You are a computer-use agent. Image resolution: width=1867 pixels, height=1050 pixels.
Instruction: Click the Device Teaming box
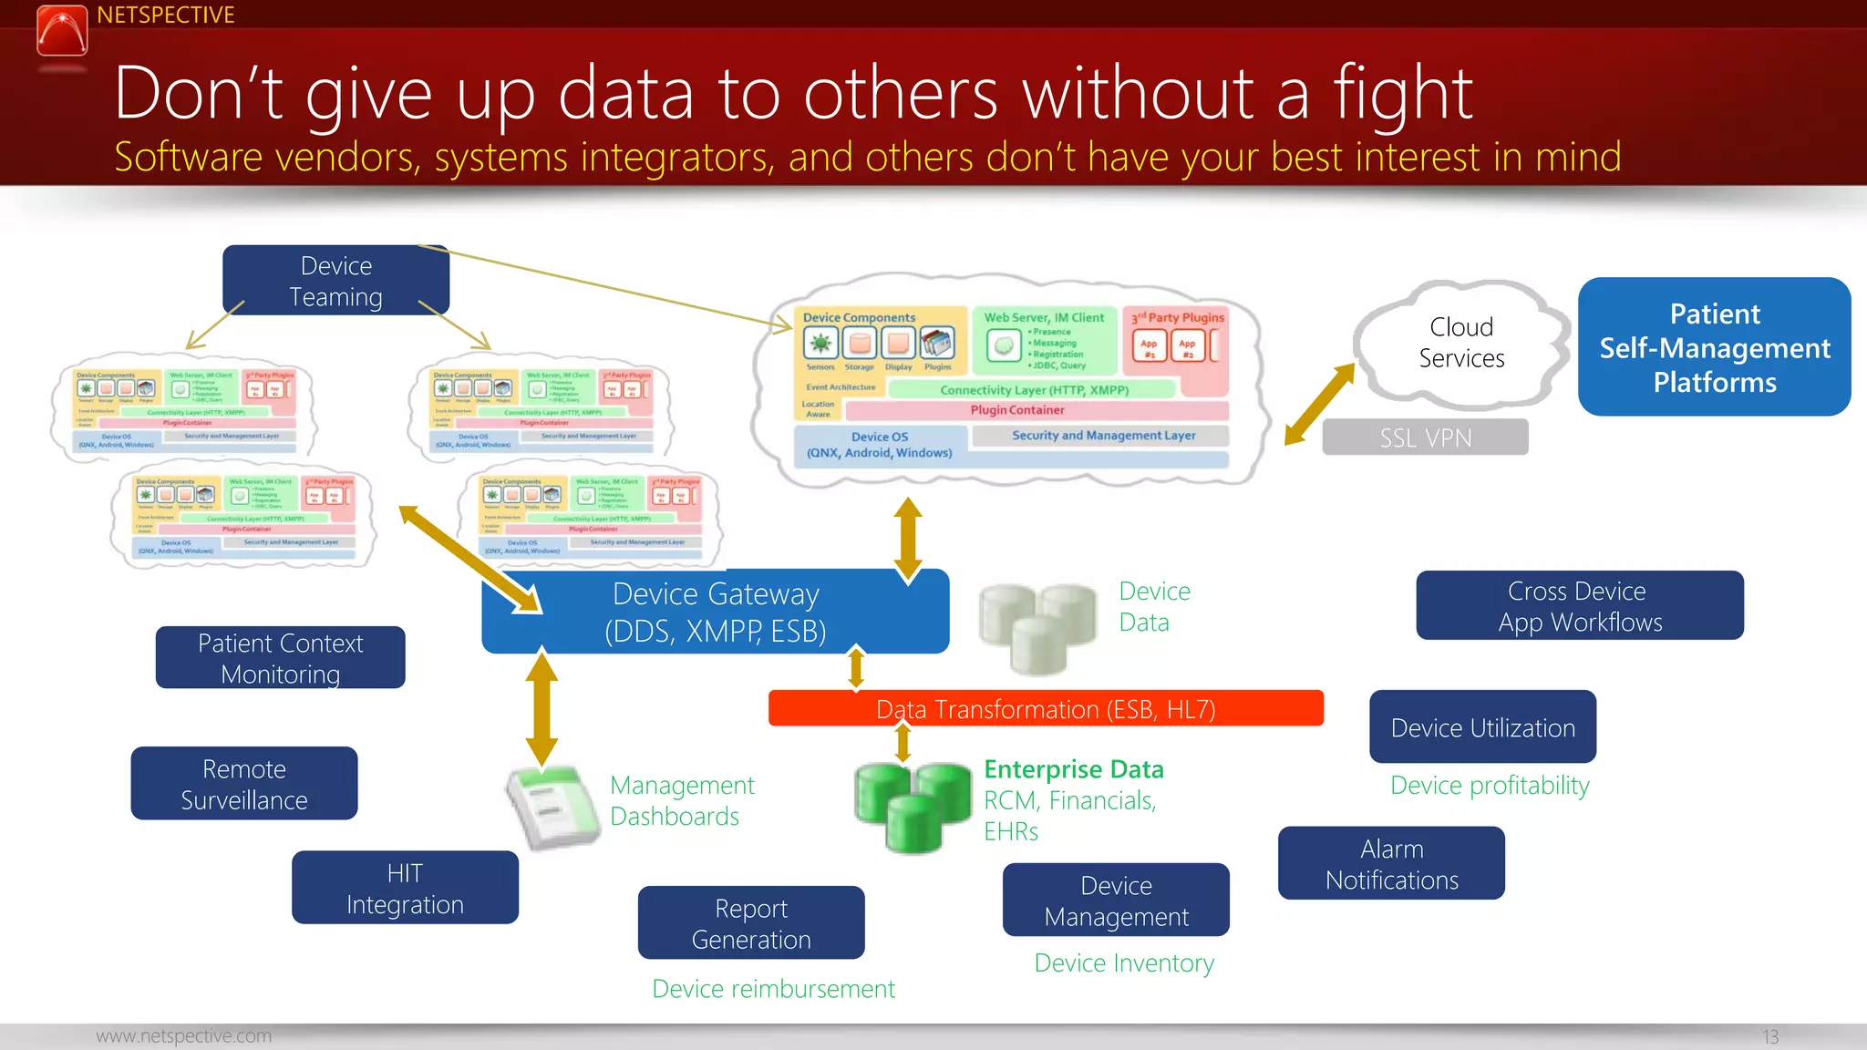pos(335,281)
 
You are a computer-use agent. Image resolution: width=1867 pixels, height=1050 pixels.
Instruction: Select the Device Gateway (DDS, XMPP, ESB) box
pos(715,612)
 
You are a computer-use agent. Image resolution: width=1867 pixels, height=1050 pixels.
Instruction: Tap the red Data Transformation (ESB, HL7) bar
pos(1045,708)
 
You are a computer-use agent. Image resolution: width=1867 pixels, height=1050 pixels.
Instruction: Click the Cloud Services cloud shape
pos(1460,343)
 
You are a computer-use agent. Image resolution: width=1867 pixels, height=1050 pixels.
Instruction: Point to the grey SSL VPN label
pos(1425,437)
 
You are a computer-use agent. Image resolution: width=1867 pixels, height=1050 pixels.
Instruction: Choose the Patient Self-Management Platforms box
pos(1714,347)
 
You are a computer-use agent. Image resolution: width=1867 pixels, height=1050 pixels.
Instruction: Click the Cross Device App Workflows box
pos(1579,606)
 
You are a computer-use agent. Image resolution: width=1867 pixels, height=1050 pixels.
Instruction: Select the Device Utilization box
pos(1482,727)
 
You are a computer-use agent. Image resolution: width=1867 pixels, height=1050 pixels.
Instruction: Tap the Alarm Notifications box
pos(1391,864)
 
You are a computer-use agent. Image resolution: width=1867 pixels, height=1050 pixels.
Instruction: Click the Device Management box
pos(1116,901)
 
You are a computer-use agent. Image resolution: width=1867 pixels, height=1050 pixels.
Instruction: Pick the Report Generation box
pos(750,923)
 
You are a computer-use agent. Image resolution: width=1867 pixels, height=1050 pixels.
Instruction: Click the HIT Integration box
pos(405,889)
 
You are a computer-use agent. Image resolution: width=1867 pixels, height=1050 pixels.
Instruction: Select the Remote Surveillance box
pos(243,784)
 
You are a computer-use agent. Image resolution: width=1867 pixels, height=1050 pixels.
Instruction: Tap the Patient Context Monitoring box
pos(280,658)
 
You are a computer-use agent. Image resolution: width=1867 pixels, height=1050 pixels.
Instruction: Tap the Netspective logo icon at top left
pos(62,30)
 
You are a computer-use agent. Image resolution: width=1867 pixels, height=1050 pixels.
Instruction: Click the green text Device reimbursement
pos(773,989)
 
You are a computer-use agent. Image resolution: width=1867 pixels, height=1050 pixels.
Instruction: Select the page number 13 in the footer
pos(1769,1037)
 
